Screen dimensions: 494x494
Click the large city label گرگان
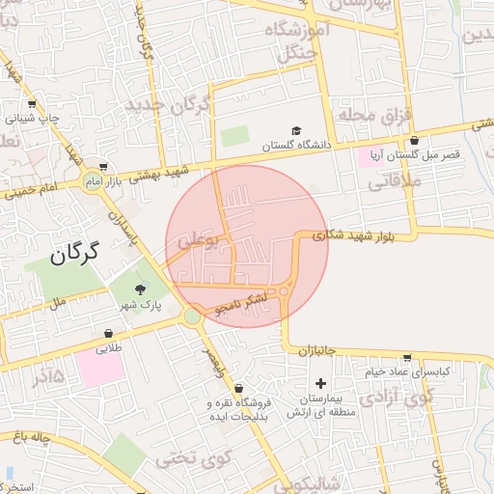(74, 254)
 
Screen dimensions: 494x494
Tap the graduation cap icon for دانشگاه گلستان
(296, 131)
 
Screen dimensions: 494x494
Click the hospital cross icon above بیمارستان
(321, 383)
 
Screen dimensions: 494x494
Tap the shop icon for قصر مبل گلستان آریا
(414, 141)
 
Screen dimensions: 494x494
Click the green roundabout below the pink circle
(193, 316)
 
